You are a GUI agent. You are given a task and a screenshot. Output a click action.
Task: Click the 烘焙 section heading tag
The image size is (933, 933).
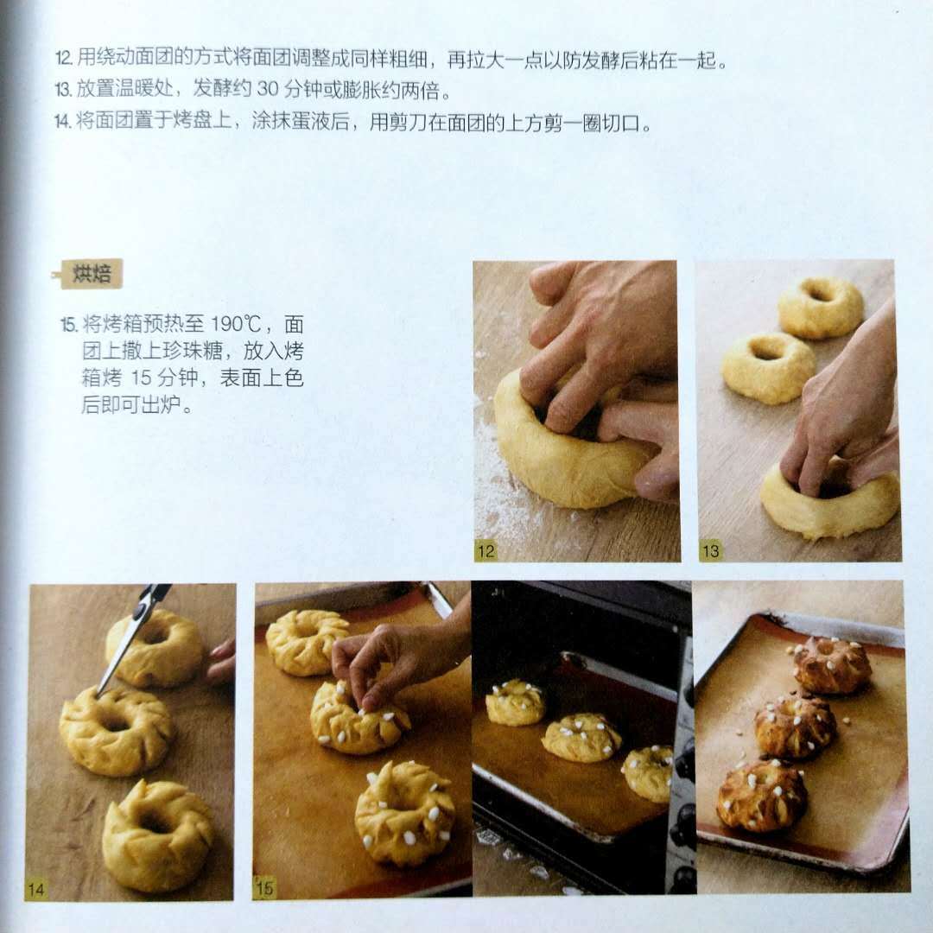(91, 274)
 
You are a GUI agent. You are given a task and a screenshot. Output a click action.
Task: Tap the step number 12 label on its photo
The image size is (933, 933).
(486, 551)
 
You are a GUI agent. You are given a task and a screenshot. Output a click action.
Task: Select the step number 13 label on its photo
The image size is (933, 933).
(710, 551)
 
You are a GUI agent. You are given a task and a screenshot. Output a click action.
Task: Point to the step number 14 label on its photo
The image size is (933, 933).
(35, 890)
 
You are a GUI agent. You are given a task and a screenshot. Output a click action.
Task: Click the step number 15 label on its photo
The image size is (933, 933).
(264, 888)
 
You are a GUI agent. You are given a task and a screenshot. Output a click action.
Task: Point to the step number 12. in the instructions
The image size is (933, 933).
(64, 59)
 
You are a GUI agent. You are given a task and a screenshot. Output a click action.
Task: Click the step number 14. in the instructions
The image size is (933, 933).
(64, 122)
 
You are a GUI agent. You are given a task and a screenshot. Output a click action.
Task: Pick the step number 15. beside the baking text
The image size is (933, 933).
(69, 325)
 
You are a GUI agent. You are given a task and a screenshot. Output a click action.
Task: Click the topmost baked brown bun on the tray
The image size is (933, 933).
(831, 665)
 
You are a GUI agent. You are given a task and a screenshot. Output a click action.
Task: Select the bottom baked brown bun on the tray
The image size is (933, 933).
(762, 796)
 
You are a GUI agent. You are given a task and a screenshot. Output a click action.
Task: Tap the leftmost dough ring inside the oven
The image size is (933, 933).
(515, 703)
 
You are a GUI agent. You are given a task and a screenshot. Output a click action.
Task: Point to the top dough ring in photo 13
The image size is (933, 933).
(820, 307)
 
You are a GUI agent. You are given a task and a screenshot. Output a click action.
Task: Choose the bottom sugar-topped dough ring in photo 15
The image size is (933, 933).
(404, 813)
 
